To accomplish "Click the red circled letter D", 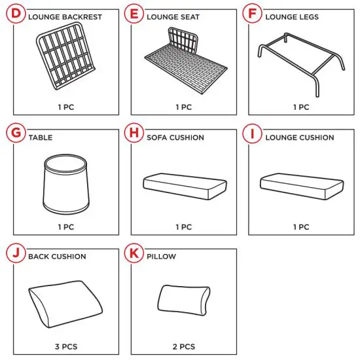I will click(16, 13).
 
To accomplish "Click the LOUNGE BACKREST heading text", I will click(65, 17).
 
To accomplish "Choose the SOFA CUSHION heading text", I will click(175, 138).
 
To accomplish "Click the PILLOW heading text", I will click(161, 257).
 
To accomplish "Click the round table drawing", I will click(64, 185).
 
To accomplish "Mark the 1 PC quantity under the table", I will click(65, 227).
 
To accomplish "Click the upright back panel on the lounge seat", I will click(184, 41).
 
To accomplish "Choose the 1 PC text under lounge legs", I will click(301, 107).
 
